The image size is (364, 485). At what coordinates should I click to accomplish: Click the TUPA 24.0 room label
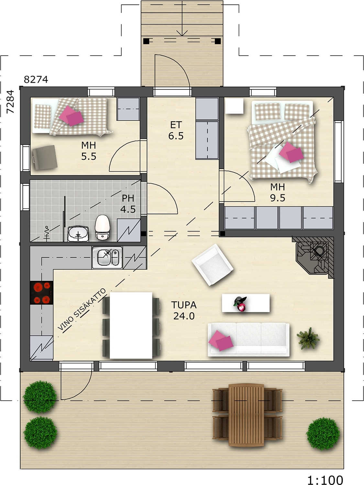(x=184, y=310)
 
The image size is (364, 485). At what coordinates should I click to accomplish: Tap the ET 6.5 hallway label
(x=176, y=130)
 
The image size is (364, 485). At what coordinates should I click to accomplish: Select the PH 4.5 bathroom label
(x=128, y=204)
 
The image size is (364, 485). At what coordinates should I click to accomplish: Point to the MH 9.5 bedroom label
(x=278, y=192)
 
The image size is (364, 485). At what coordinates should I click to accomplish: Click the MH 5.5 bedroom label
(x=89, y=151)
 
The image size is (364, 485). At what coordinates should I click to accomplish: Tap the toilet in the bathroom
(x=102, y=227)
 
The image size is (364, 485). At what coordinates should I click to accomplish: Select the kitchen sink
(x=107, y=257)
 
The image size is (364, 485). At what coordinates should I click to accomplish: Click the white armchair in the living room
(x=212, y=265)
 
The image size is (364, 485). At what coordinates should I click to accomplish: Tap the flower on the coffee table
(x=240, y=304)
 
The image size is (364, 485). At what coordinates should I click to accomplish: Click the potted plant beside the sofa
(x=308, y=338)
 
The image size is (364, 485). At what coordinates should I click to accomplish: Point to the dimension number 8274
(x=36, y=80)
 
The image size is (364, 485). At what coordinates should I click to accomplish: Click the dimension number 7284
(x=10, y=102)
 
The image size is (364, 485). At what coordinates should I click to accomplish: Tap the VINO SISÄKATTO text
(x=82, y=309)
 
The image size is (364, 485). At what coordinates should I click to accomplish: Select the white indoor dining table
(x=131, y=326)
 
